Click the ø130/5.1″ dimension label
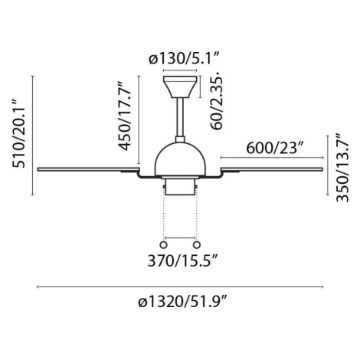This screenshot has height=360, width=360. (x=184, y=60)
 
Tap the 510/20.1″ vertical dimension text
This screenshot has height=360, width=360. (x=19, y=133)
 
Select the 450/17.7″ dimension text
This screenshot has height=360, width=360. (x=124, y=116)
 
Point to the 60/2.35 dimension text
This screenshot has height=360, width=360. (x=217, y=100)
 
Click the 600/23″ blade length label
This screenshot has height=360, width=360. (x=275, y=148)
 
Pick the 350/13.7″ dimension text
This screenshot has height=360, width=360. (x=342, y=168)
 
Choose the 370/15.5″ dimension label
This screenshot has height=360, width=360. (x=183, y=261)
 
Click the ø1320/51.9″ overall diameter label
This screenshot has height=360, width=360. (x=183, y=302)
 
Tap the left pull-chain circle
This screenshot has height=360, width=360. (x=163, y=245)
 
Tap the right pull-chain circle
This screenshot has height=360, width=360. (x=197, y=245)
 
